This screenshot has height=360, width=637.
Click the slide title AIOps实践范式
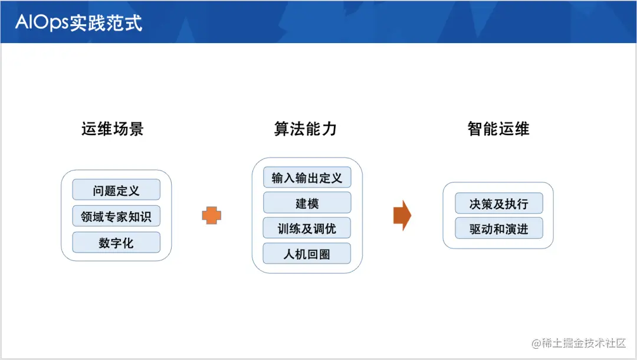point(78,22)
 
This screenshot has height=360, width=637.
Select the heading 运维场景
point(112,129)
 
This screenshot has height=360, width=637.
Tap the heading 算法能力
point(306,129)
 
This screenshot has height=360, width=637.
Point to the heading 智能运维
point(498,129)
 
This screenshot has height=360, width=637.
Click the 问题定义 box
point(116,190)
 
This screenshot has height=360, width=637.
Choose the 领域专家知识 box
point(116,217)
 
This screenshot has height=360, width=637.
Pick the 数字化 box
point(116,243)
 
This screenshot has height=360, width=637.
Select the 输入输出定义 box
point(307,177)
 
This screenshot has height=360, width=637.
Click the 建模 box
point(307,203)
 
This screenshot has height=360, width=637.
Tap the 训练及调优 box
point(307,228)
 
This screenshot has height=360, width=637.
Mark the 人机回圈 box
point(307,254)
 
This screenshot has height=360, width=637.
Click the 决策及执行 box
point(498,204)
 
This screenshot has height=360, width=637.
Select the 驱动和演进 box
point(498,229)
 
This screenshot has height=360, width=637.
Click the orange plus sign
point(211,216)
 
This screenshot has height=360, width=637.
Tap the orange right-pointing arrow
point(402,215)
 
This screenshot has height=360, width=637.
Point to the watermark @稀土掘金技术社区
point(578,343)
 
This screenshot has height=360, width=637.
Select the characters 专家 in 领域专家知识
point(116,217)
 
